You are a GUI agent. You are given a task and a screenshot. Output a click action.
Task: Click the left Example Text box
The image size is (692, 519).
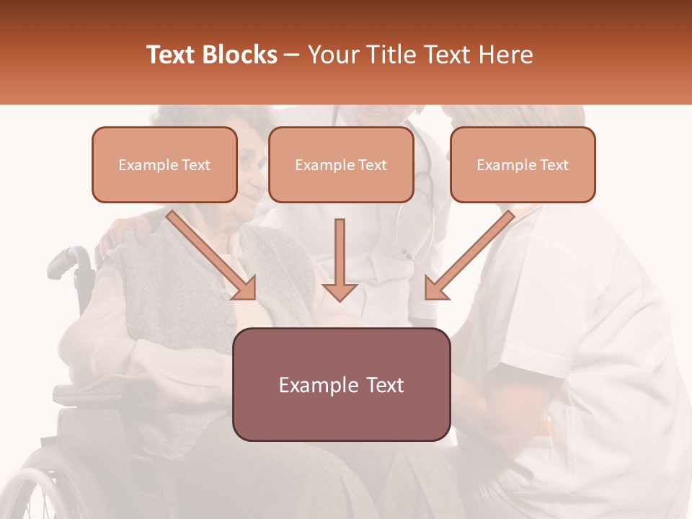click(164, 164)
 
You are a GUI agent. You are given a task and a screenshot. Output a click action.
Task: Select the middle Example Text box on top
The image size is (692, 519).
click(341, 164)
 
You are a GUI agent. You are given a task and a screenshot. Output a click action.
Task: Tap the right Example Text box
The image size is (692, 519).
click(523, 164)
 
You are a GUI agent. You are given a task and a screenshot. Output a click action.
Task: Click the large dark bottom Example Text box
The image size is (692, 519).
click(341, 384)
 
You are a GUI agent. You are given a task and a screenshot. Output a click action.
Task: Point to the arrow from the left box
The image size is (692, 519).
click(209, 252)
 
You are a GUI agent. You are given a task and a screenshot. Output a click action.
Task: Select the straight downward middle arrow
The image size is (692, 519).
click(340, 259)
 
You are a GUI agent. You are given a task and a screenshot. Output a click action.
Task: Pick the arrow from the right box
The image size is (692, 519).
click(472, 252)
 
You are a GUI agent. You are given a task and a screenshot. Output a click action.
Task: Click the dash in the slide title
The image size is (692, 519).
click(292, 55)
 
